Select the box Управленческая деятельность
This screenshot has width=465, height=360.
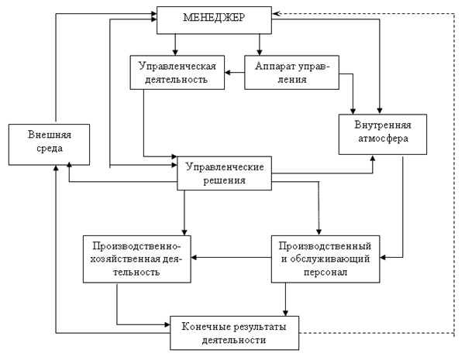(x=177, y=72)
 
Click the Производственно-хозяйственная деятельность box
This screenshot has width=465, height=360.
(x=136, y=258)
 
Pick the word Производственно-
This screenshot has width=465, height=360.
(x=136, y=244)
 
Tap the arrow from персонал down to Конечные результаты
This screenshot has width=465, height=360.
(x=287, y=298)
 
